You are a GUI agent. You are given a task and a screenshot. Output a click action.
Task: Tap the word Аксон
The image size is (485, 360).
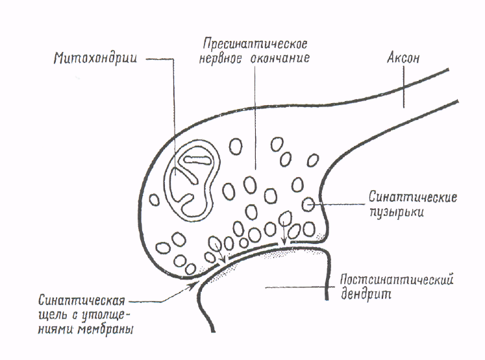tap(404, 58)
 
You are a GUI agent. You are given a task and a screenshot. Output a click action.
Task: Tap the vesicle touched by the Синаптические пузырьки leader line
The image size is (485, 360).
tap(308, 204)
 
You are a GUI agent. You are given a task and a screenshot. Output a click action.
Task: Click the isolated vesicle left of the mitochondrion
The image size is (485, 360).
tap(155, 199)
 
